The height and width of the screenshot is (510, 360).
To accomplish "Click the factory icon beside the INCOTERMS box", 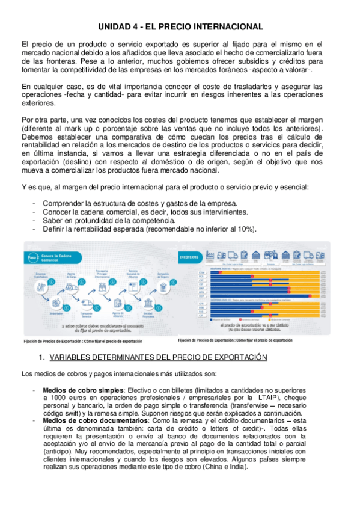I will click(x=216, y=254).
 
